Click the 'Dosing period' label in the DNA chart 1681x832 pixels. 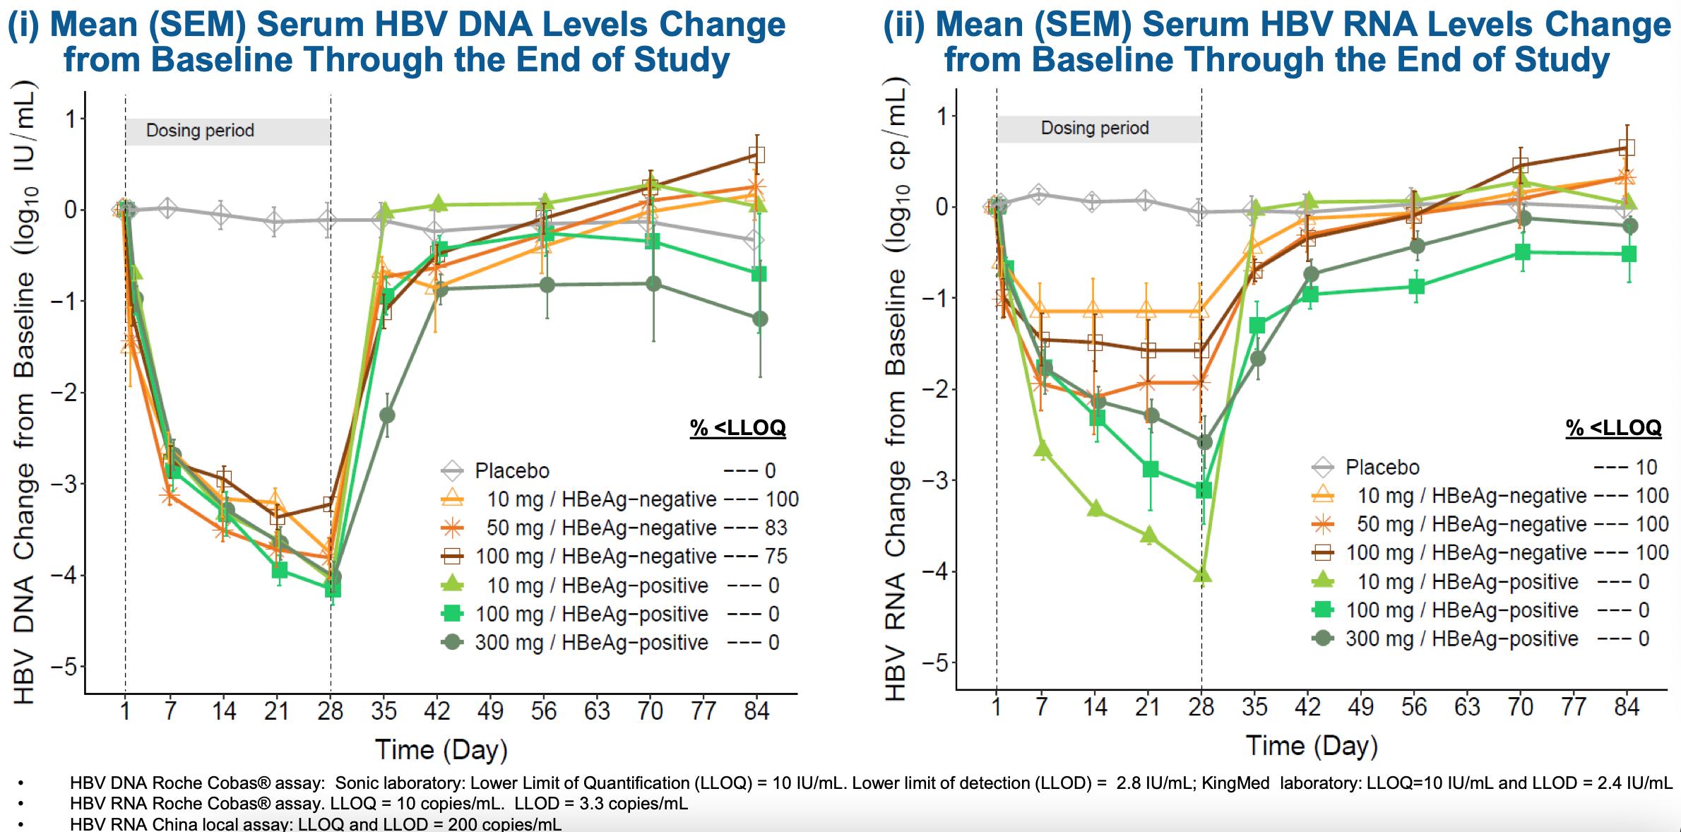click(x=200, y=131)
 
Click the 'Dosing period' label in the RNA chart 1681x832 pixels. click(x=1095, y=128)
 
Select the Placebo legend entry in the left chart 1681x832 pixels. click(x=511, y=470)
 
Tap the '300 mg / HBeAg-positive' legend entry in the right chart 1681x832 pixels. click(x=1461, y=638)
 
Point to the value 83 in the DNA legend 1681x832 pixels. click(x=776, y=528)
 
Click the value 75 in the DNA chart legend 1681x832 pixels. click(x=776, y=556)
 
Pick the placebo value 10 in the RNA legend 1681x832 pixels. click(x=1646, y=467)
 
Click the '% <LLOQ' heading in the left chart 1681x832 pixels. click(x=737, y=427)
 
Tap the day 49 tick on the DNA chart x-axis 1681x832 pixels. click(x=490, y=710)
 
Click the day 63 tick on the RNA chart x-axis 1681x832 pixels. click(x=1467, y=706)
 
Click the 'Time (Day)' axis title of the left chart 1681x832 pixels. click(x=441, y=749)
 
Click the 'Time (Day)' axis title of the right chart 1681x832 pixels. click(x=1312, y=745)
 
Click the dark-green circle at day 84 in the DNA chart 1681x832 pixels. click(x=759, y=319)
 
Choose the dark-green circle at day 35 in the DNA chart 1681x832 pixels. click(x=386, y=415)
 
